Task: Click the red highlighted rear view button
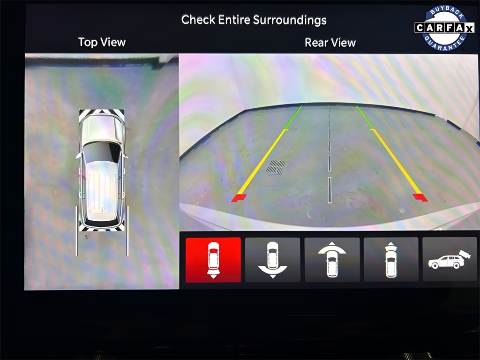[x=213, y=260]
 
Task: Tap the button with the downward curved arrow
[x=272, y=260]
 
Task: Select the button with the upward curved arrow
[x=332, y=260]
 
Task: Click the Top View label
[x=102, y=42]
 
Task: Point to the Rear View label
[x=330, y=43]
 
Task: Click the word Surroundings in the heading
[x=290, y=20]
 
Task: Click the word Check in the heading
[x=198, y=20]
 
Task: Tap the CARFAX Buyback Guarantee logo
[x=444, y=28]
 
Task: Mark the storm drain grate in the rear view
[x=276, y=167]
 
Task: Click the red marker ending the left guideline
[x=239, y=198]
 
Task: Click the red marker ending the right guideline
[x=420, y=197]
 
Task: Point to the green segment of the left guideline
[x=293, y=118]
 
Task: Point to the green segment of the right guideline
[x=365, y=117]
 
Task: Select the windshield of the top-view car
[x=102, y=152]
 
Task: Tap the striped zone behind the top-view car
[x=102, y=226]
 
